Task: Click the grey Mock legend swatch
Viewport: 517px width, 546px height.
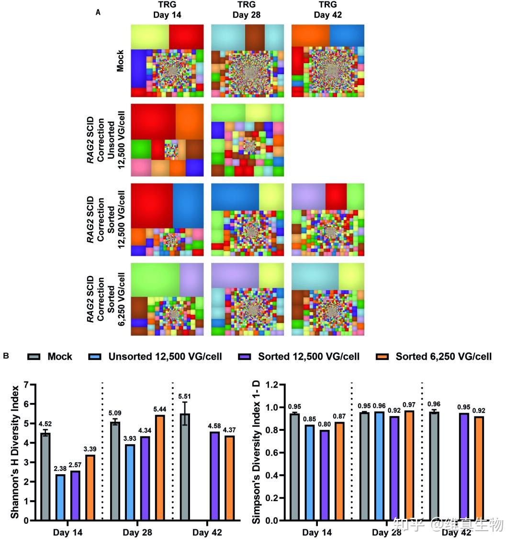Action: pyautogui.click(x=34, y=357)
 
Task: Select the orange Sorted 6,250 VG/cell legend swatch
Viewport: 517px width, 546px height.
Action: pyautogui.click(x=382, y=357)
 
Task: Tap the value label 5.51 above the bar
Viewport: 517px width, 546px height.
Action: pyautogui.click(x=184, y=396)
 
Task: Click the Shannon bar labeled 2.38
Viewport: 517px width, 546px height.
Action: pyautogui.click(x=60, y=497)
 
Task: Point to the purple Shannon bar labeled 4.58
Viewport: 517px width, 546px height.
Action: pyautogui.click(x=214, y=476)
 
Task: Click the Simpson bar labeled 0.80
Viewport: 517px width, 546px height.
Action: pyautogui.click(x=324, y=475)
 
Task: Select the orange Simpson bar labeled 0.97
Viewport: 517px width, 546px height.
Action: pyautogui.click(x=409, y=466)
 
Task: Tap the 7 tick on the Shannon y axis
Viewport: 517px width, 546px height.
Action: pyautogui.click(x=26, y=385)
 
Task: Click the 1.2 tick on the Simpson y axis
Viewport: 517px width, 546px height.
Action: pyautogui.click(x=272, y=385)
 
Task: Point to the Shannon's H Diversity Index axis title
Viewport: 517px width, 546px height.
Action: pyautogui.click(x=15, y=452)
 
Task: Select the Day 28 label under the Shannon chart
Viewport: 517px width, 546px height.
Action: pyautogui.click(x=137, y=533)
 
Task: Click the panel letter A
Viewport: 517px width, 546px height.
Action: pyautogui.click(x=98, y=12)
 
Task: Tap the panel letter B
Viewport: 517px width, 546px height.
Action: pyautogui.click(x=6, y=356)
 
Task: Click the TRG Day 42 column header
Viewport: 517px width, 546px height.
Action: pyautogui.click(x=328, y=10)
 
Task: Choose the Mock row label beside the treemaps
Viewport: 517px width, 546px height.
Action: pyautogui.click(x=120, y=61)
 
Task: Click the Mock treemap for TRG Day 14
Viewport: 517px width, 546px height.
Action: pyautogui.click(x=168, y=61)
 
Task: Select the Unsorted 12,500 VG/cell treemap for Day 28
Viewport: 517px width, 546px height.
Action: pyautogui.click(x=247, y=140)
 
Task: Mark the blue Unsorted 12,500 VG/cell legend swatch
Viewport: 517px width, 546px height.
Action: pyautogui.click(x=95, y=357)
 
